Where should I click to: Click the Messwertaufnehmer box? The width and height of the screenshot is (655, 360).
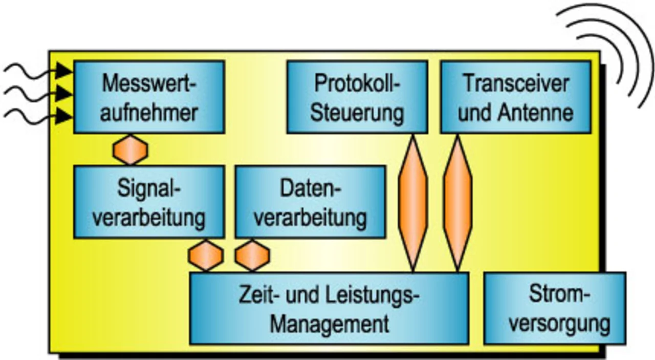[148, 97]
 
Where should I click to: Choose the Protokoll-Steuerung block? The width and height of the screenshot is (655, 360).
[357, 97]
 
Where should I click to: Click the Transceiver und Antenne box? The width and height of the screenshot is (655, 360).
[516, 97]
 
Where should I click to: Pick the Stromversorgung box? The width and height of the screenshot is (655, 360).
[554, 308]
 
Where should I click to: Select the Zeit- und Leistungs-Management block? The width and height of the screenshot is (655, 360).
[329, 308]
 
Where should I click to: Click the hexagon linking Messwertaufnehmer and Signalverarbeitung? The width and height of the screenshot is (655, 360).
[130, 149]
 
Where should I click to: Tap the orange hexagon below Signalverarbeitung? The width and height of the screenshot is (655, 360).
[206, 255]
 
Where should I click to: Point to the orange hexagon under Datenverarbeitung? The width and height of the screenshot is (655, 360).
[252, 255]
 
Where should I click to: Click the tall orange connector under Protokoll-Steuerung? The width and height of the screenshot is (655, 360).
[412, 202]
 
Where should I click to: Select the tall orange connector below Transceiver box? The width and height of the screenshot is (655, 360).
[457, 202]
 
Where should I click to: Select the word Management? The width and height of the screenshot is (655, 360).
[330, 324]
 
